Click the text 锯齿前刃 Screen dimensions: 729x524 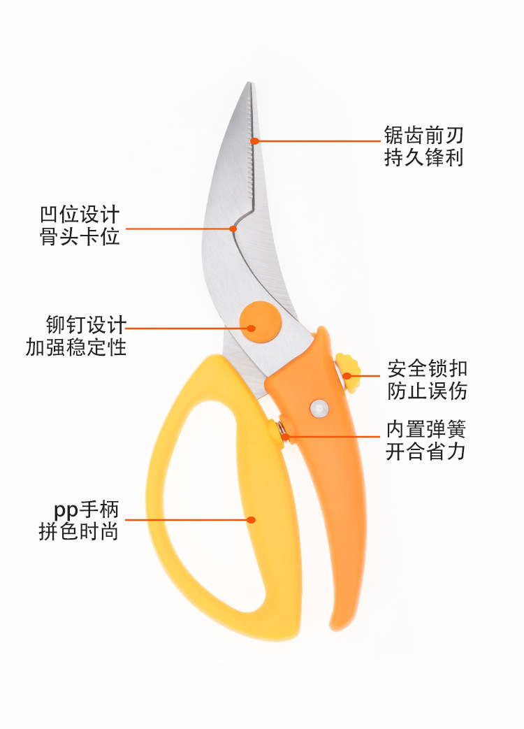[x=423, y=134]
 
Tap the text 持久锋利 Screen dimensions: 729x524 [x=423, y=158]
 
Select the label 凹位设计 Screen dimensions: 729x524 [x=80, y=213]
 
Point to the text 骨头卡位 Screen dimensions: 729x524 [x=80, y=236]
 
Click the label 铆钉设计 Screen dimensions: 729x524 [x=86, y=325]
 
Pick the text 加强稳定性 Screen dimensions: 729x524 [x=76, y=347]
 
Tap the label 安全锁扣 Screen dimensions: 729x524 [x=428, y=368]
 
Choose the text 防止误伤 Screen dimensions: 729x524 [x=428, y=391]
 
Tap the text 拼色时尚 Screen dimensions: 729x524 [x=79, y=532]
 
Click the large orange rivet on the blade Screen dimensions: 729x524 [x=260, y=322]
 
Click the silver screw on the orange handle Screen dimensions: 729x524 [x=319, y=408]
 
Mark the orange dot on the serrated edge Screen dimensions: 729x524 [x=255, y=140]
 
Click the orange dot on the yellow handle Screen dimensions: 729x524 [x=252, y=519]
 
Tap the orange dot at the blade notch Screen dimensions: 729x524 [x=233, y=228]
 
